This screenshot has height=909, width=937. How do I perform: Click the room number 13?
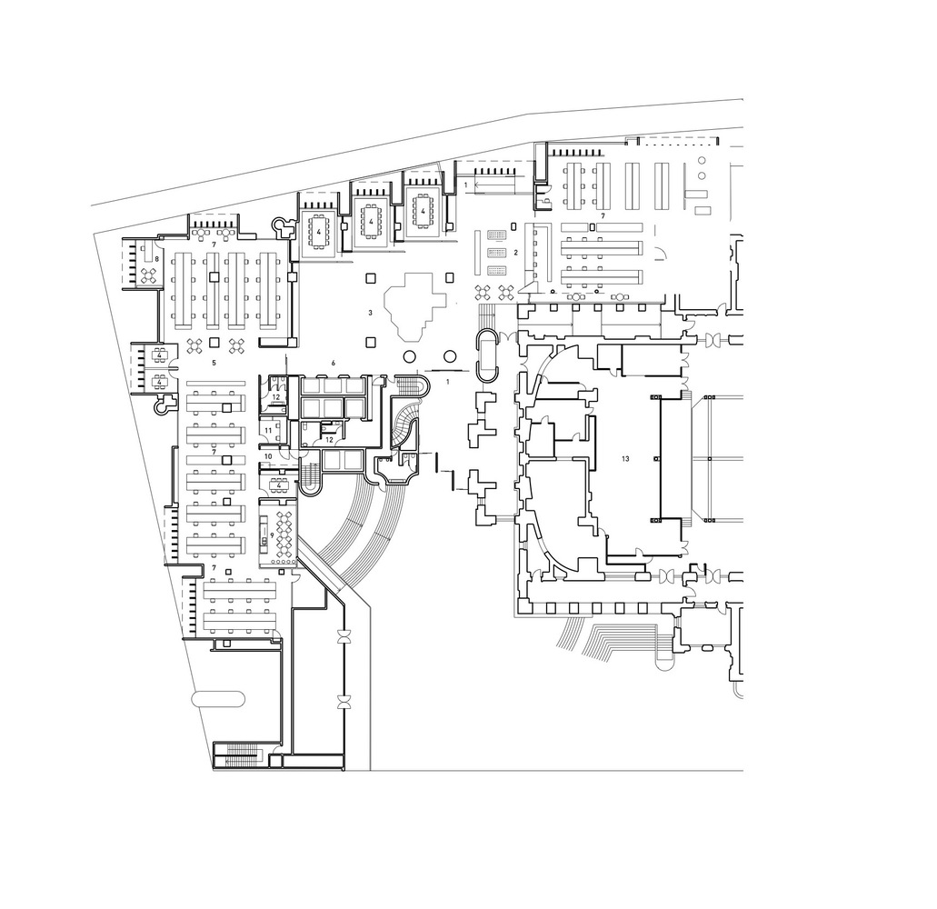(624, 459)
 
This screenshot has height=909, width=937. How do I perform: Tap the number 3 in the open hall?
(371, 313)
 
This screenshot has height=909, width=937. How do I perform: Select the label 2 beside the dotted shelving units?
(515, 252)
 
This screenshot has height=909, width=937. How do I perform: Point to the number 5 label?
(214, 363)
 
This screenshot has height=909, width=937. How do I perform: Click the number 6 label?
(334, 364)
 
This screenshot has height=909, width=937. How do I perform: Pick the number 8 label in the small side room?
(156, 259)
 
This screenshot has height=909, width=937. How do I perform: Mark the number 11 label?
(268, 430)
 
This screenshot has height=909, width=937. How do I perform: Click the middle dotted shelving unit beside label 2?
(496, 253)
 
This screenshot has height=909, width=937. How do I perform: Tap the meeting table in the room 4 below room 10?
(279, 484)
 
